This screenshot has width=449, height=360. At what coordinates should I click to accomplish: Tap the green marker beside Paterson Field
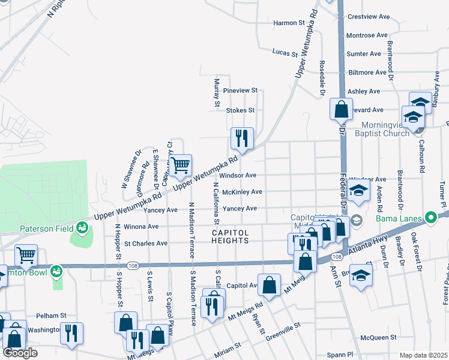[81, 227]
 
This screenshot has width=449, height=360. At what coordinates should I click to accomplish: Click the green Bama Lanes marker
[430, 217]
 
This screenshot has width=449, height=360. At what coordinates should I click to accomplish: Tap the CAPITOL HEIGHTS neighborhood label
[230, 236]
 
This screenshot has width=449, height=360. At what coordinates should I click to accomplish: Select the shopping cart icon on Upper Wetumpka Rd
[180, 165]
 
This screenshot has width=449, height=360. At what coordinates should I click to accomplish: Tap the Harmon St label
[289, 23]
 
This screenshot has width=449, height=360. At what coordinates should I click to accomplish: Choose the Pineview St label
[240, 91]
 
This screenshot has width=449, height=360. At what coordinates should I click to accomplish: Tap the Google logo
[20, 353]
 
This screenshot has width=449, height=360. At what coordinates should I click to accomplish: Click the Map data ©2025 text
[423, 355]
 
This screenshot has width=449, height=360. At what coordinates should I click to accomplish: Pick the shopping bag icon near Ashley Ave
[340, 109]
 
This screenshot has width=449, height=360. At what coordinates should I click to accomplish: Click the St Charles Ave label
[146, 244]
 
